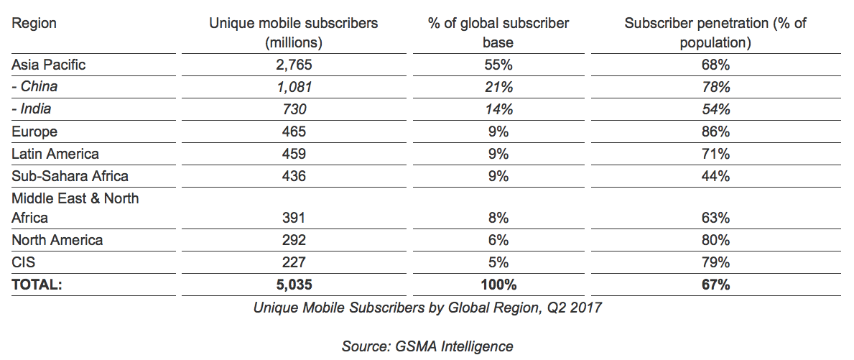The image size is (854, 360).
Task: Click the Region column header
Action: click(x=34, y=24)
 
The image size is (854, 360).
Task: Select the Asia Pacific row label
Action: click(x=48, y=65)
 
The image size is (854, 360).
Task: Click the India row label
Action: click(x=32, y=109)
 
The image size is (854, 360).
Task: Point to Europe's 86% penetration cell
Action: click(x=715, y=131)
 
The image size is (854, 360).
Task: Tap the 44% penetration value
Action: click(x=715, y=176)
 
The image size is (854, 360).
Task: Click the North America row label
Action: click(x=57, y=240)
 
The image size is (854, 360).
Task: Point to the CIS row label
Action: click(x=23, y=262)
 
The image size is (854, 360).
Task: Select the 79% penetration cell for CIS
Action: click(x=715, y=262)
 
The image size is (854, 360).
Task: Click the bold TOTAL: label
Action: click(x=37, y=285)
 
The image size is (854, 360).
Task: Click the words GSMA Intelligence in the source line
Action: click(x=455, y=346)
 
